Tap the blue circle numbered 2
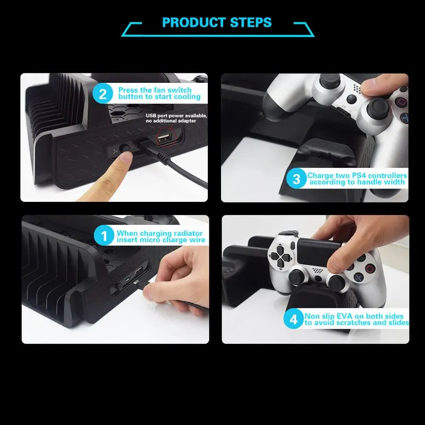pyautogui.click(x=103, y=95)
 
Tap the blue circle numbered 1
pyautogui.click(x=104, y=236)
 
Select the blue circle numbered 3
pyautogui.click(x=296, y=179)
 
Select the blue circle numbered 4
pyautogui.click(x=293, y=319)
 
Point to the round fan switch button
pyautogui.click(x=126, y=150)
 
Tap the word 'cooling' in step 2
pyautogui.click(x=187, y=97)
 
